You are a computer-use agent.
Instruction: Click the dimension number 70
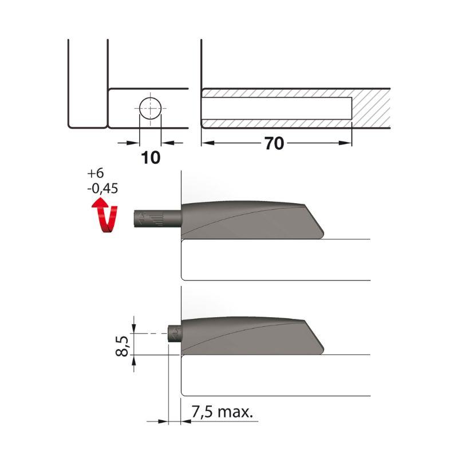(274, 144)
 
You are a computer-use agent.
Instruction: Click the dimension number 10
(151, 158)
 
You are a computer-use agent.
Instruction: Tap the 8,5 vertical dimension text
(122, 346)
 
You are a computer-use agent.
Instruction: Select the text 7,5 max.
(222, 412)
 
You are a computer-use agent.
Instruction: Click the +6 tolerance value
(96, 173)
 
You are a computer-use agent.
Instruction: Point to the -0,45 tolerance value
(102, 188)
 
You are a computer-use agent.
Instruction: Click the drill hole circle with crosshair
(151, 108)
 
